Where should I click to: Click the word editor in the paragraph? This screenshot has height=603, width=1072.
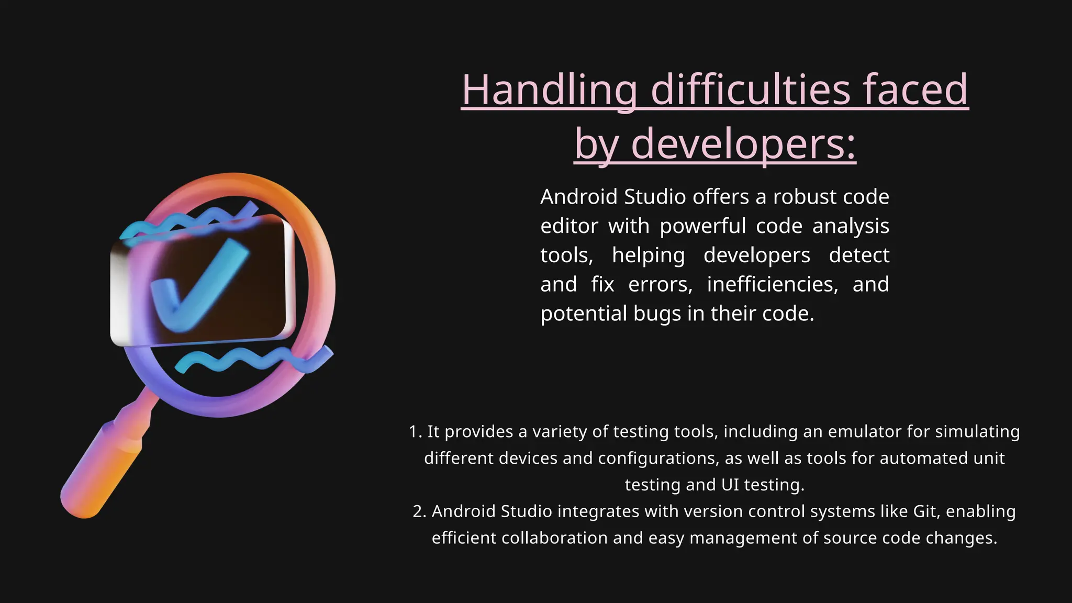569,226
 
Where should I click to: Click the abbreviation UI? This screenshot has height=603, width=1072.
730,485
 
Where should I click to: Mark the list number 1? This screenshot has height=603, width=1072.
415,431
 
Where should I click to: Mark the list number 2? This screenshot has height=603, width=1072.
419,511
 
